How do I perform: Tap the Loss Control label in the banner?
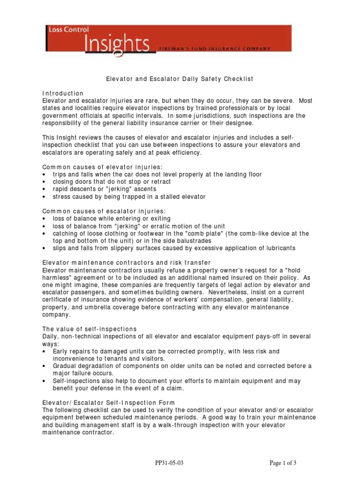click(x=68, y=30)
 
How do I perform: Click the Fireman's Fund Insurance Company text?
click(x=215, y=48)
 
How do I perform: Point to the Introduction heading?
click(x=63, y=93)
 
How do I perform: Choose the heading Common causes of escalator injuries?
click(x=104, y=211)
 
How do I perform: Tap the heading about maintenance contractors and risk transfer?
click(x=127, y=262)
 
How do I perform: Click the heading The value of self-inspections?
click(x=90, y=329)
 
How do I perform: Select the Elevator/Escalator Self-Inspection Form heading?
click(x=109, y=402)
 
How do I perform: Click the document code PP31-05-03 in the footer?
click(x=169, y=463)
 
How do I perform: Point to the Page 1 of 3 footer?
click(x=283, y=463)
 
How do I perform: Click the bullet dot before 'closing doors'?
click(x=44, y=182)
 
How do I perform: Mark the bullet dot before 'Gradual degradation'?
click(x=44, y=366)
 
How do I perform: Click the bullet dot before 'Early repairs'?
click(x=44, y=351)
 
